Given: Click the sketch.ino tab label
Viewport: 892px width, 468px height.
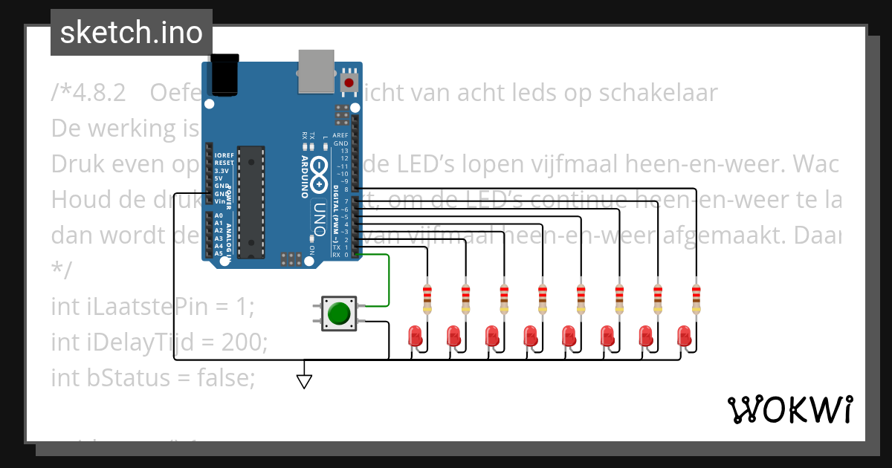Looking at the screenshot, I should pyautogui.click(x=131, y=33).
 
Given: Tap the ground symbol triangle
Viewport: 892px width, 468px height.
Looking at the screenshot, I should pyautogui.click(x=304, y=380).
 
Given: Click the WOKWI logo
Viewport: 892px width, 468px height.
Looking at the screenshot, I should pyautogui.click(x=789, y=409).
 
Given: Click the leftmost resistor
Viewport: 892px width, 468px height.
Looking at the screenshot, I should pyautogui.click(x=427, y=299).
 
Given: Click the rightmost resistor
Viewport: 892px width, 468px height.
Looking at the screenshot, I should pyautogui.click(x=696, y=299).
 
